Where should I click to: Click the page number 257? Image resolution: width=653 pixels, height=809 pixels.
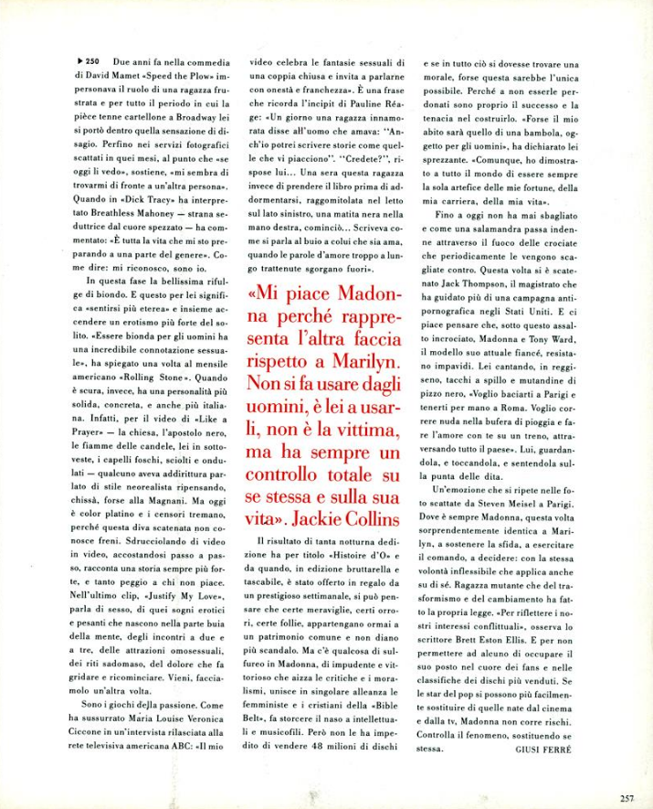point(627,772)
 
